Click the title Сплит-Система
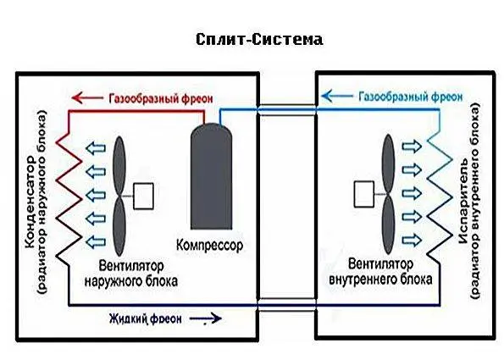[x=259, y=40]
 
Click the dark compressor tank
[x=211, y=176]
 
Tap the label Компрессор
[x=209, y=246]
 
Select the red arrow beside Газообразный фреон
[x=87, y=97]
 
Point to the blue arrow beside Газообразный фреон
[x=337, y=96]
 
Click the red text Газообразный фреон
[x=161, y=98]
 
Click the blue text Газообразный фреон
[x=411, y=97]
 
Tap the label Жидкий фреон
[x=146, y=318]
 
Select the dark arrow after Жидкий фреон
[x=206, y=318]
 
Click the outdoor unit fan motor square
[x=143, y=196]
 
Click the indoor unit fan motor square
[x=364, y=194]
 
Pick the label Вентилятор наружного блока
[x=131, y=274]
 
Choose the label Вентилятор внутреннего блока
[x=380, y=272]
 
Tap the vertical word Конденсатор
[x=30, y=202]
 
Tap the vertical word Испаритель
[x=465, y=201]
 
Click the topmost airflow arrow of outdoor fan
[x=96, y=148]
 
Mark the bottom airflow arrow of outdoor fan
[x=96, y=241]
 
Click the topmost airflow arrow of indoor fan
[x=412, y=147]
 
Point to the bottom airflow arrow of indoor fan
[x=412, y=240]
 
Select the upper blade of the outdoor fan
[x=119, y=165]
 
